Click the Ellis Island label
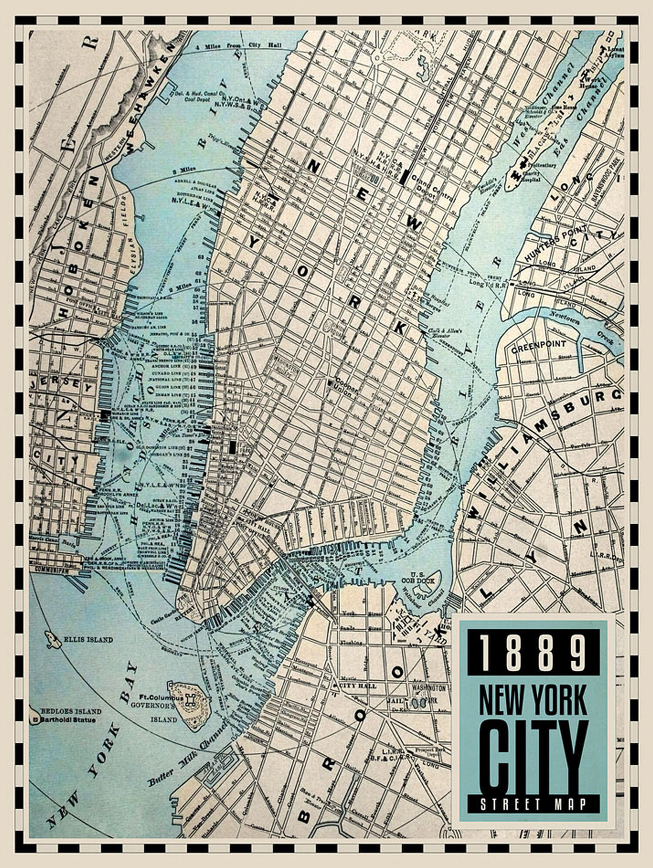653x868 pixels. [x=88, y=640]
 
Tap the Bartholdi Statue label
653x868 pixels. [x=67, y=720]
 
